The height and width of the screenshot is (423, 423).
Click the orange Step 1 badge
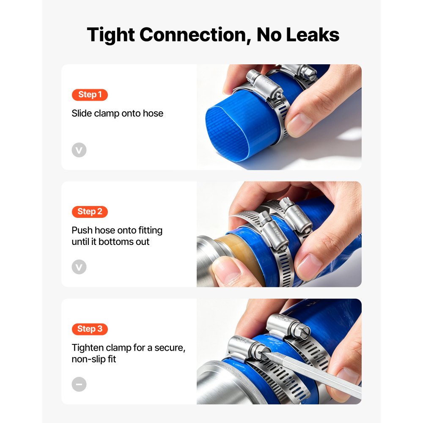point(90,95)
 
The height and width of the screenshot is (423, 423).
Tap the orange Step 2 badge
point(90,211)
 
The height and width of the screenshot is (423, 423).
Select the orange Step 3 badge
point(90,329)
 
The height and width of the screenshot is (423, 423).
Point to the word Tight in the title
point(111,35)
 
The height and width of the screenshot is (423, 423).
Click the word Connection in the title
point(195,35)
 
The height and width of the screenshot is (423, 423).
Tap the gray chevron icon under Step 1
point(79,150)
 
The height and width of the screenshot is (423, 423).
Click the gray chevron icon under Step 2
point(79,267)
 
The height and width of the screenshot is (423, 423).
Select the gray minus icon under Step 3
point(79,384)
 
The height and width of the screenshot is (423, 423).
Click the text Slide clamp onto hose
point(117,113)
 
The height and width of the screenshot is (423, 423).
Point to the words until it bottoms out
point(110,242)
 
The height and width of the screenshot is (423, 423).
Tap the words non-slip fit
point(93,359)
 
